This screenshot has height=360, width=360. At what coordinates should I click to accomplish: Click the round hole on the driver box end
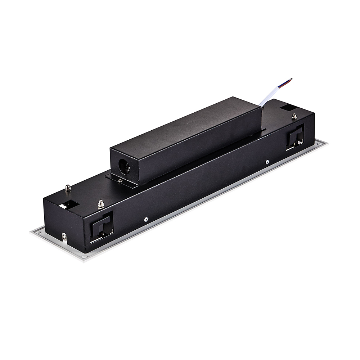(124, 167)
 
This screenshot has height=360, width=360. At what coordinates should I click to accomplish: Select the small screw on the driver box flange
(120, 181)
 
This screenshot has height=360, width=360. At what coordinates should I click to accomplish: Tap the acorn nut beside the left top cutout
(68, 188)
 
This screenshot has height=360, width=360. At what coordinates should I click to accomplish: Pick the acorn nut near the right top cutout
(294, 116)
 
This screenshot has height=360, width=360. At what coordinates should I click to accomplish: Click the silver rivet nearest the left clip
(145, 219)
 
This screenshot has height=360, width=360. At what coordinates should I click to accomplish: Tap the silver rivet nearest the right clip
(267, 162)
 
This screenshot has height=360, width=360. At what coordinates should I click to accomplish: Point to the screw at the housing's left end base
(64, 237)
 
